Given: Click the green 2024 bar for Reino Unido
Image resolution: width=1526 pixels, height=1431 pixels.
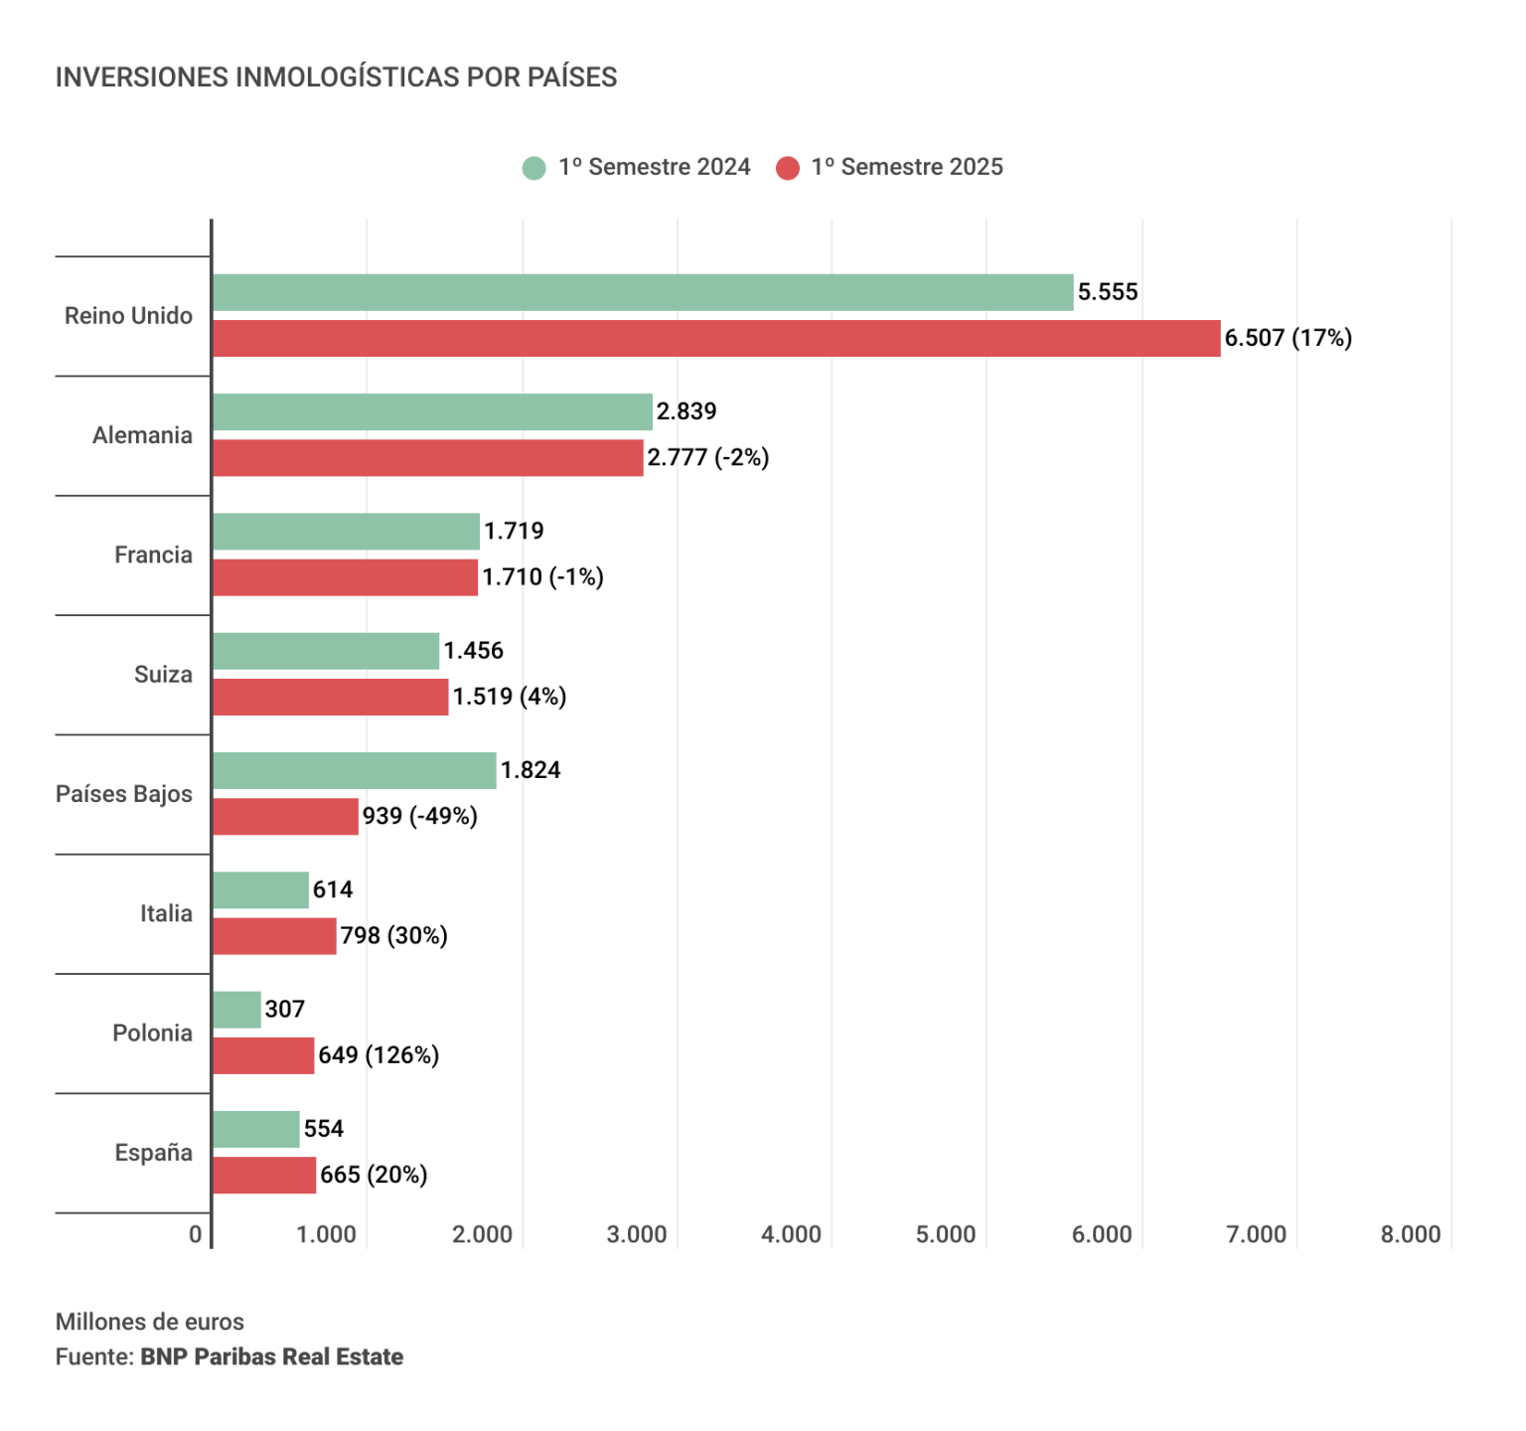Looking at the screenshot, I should coord(643,292).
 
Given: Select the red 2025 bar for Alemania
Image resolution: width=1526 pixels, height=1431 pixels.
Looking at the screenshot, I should coord(427,458).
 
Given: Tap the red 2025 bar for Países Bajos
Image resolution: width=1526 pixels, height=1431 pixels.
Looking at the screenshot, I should coord(285,817).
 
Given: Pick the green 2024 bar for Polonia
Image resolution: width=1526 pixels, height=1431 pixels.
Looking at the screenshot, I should coord(236,1010).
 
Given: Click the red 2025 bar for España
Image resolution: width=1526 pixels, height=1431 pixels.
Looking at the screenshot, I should coord(264,1176).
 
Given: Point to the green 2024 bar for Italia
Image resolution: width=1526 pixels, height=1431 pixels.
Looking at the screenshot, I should coord(260,890).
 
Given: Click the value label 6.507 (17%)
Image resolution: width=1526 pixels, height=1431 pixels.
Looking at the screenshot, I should coord(1288,339).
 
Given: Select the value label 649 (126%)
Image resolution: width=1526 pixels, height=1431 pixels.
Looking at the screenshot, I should coord(379,1055).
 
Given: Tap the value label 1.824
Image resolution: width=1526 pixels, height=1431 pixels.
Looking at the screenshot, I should coord(531,770).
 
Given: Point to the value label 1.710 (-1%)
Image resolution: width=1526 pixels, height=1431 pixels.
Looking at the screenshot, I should coord(542,577).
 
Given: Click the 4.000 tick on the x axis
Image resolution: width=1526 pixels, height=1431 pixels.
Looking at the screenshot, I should coord(791,1234).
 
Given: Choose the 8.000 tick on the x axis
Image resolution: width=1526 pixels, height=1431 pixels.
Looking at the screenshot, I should coord(1410,1234).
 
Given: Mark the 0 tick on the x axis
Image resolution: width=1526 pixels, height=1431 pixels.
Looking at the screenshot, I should coord(196,1234).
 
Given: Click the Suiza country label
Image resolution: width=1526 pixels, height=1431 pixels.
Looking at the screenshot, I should coord(163,675).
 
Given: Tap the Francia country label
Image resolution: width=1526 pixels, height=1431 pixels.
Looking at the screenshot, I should coord(153,555).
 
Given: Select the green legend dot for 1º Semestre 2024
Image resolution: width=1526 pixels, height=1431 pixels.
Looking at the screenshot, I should coord(534,168).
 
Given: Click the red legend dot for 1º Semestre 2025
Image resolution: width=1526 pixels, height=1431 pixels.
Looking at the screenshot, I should coord(788,168).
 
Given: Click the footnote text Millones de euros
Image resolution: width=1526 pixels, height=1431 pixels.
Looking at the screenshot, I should coord(150,1322).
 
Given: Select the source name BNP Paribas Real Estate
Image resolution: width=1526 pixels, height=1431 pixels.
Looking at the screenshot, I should coord(271,1357).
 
